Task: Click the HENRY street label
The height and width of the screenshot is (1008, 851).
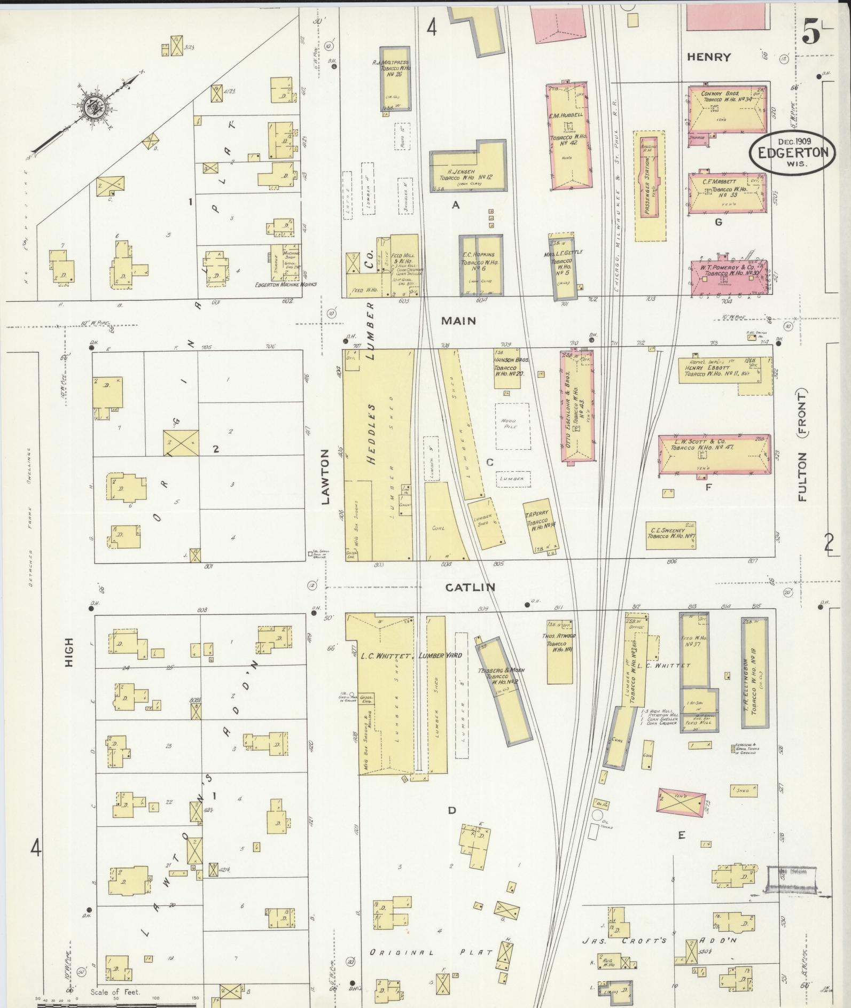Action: pyautogui.click(x=708, y=57)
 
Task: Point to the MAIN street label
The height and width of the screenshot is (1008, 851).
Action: pyautogui.click(x=458, y=321)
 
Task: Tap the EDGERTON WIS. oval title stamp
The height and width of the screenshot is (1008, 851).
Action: pyautogui.click(x=791, y=152)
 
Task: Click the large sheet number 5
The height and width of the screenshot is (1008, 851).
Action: pyautogui.click(x=811, y=34)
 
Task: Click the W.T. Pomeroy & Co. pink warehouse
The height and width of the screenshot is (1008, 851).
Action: pyautogui.click(x=729, y=278)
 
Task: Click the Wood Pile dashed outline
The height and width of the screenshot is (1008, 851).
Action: pyautogui.click(x=512, y=426)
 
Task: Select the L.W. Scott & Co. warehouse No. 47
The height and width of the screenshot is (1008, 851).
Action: pyautogui.click(x=714, y=454)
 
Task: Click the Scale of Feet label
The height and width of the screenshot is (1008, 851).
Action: pyautogui.click(x=114, y=992)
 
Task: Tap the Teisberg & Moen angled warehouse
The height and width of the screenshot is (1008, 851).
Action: pyautogui.click(x=504, y=691)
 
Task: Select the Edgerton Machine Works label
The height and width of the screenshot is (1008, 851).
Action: pyautogui.click(x=286, y=284)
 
